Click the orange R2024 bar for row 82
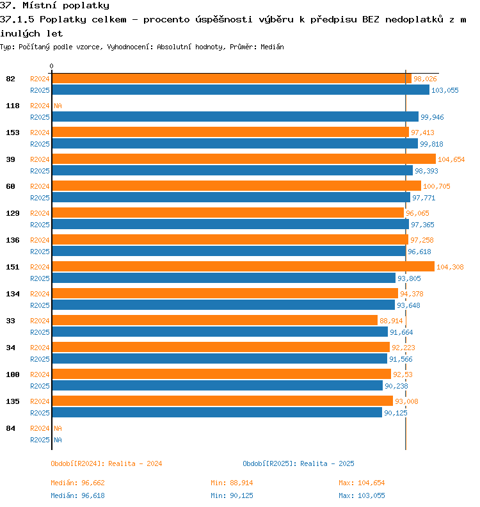click(232, 79)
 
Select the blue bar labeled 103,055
click(241, 90)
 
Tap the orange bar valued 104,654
click(244, 159)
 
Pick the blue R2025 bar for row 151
click(223, 278)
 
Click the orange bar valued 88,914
click(215, 321)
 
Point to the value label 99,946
click(432, 117)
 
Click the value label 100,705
click(436, 186)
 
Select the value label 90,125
click(396, 413)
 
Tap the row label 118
click(13, 106)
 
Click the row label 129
click(13, 213)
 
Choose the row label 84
click(11, 428)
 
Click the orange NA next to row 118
click(58, 106)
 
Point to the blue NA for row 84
click(58, 440)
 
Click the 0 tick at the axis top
click(51, 66)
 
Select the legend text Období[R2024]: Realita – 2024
click(106, 463)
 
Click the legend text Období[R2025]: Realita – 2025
click(298, 463)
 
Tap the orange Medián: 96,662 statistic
click(77, 483)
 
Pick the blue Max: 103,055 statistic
click(362, 495)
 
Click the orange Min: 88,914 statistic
click(232, 483)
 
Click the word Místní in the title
click(40, 6)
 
